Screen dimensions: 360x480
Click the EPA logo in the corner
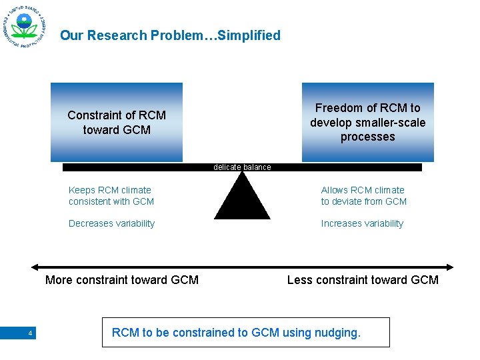[24, 29]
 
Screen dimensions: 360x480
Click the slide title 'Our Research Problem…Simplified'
[170, 35]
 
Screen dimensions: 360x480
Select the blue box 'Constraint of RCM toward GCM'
[117, 122]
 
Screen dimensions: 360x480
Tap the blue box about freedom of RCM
[367, 122]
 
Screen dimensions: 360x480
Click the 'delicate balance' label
[242, 167]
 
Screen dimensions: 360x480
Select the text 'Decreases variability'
[111, 223]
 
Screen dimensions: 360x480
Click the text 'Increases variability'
[362, 223]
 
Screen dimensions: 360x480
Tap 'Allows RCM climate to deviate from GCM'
[363, 195]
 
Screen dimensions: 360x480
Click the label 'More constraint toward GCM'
[122, 280]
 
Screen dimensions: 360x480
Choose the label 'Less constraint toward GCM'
[363, 280]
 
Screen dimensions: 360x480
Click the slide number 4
[30, 333]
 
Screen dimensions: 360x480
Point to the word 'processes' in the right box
[367, 137]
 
